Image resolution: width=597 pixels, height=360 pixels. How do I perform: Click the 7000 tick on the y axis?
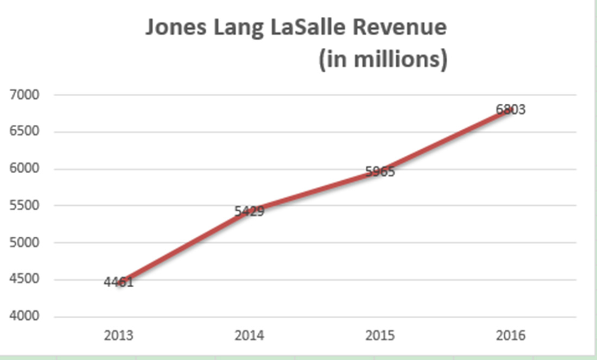tap(24, 94)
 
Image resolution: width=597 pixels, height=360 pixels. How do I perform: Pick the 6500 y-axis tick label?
tap(24, 131)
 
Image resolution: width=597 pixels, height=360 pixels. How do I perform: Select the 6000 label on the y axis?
tap(24, 168)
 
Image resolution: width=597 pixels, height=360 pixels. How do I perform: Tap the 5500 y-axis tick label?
tap(24, 205)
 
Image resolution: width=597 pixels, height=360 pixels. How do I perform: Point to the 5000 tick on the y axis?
tap(24, 242)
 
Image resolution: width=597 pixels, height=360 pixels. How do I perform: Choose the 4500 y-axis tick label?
tap(24, 279)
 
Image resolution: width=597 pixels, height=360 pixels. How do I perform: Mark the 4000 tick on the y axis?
tap(24, 316)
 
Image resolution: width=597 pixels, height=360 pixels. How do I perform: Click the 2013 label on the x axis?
tap(119, 335)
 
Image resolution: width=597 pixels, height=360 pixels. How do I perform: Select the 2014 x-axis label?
tap(250, 335)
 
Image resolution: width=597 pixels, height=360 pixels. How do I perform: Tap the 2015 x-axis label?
tap(380, 335)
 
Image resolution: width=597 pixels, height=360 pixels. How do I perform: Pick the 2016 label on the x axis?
tap(511, 335)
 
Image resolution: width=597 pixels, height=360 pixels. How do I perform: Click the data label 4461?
tap(119, 282)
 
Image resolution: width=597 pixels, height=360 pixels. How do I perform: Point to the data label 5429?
tap(250, 211)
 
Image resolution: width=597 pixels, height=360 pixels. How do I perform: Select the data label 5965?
tap(380, 172)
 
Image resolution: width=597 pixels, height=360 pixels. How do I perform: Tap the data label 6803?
tap(511, 110)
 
